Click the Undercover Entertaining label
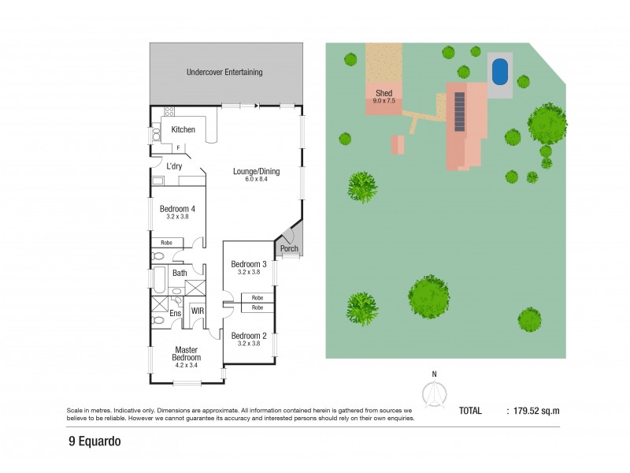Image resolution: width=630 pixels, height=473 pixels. click(x=224, y=73)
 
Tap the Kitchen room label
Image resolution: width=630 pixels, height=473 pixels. click(x=183, y=130)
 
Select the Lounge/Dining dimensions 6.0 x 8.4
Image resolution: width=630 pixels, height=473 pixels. click(x=256, y=181)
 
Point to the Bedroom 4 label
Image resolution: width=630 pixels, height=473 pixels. click(x=177, y=209)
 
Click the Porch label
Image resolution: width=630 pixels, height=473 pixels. click(x=289, y=249)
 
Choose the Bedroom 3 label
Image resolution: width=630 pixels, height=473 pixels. click(x=248, y=263)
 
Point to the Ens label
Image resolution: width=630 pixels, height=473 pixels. click(x=176, y=313)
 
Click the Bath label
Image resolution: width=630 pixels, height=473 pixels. click(x=180, y=274)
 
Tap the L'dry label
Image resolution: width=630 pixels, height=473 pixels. click(x=175, y=166)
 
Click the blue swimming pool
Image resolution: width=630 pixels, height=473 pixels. click(x=499, y=73)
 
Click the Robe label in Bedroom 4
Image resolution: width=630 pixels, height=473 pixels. click(x=167, y=243)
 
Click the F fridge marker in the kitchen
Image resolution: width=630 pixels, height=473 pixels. click(x=178, y=147)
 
